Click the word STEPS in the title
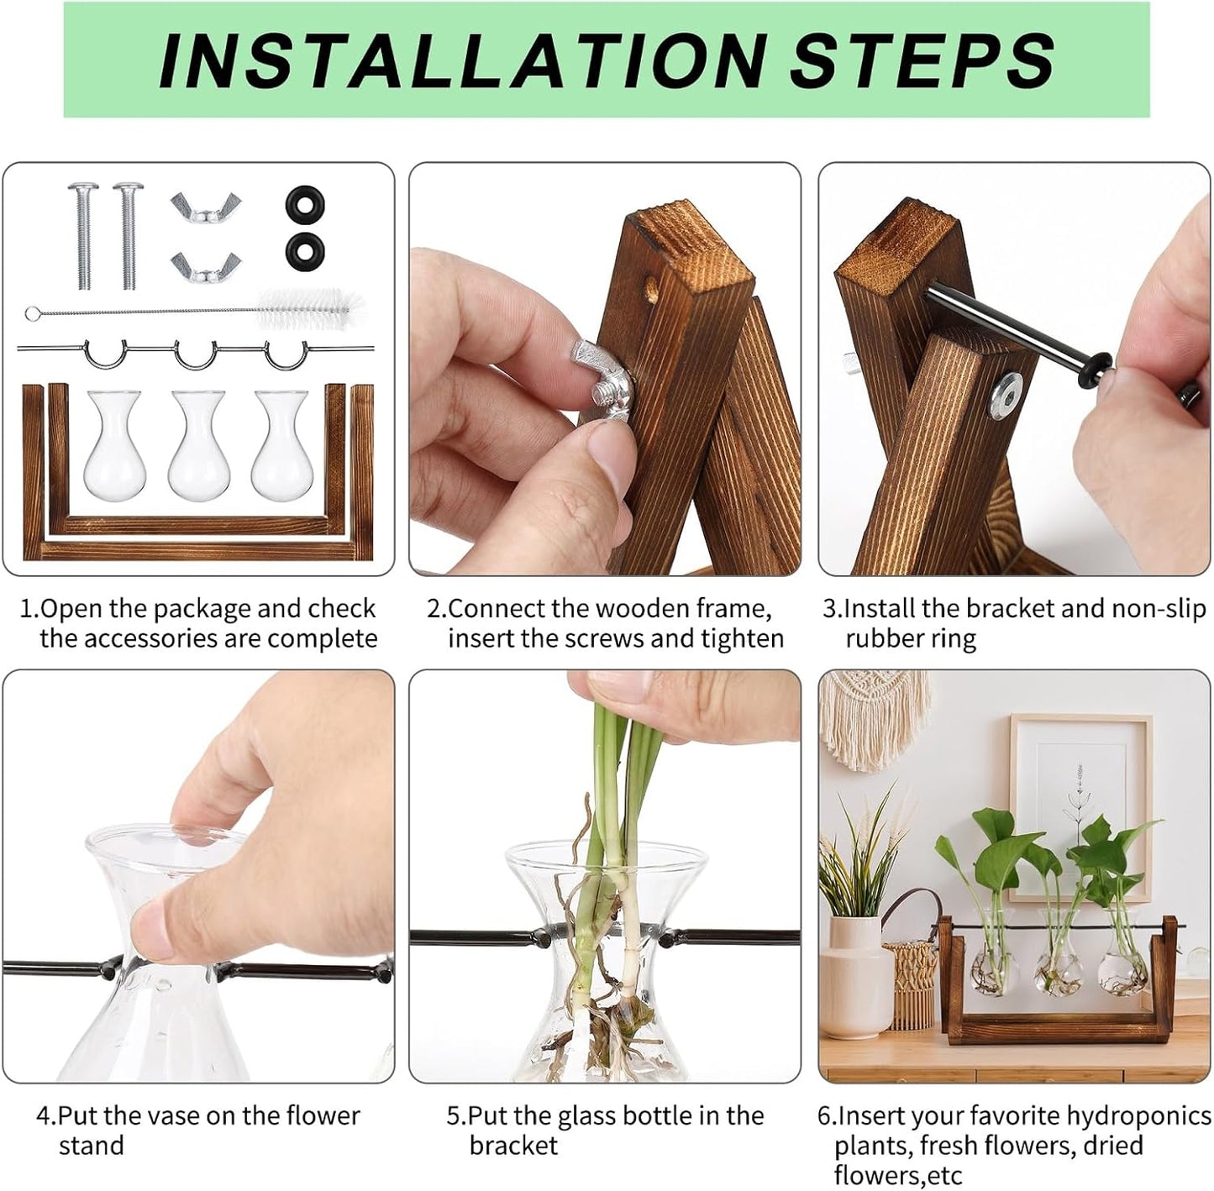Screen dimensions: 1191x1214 (x=922, y=60)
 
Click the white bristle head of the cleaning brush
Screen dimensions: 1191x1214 (x=312, y=307)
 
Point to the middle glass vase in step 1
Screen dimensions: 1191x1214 (x=198, y=445)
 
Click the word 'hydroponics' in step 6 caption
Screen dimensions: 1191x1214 (x=1138, y=1115)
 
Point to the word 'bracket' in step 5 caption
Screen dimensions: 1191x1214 (x=513, y=1146)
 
